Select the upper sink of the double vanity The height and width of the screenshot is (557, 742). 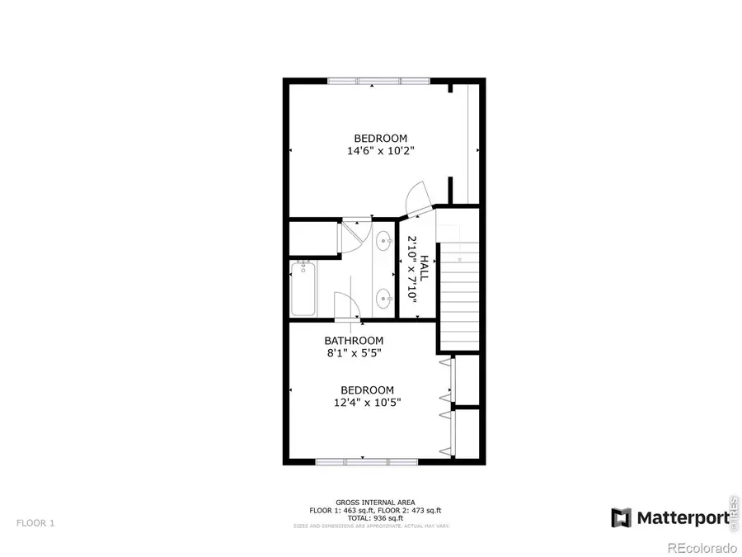tap(384, 242)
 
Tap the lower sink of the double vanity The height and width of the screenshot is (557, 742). tap(384, 297)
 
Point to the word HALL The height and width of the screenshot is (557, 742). tap(424, 269)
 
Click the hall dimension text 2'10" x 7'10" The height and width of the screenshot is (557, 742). tap(409, 269)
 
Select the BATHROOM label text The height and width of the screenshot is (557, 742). tap(354, 341)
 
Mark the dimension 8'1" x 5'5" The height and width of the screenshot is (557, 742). tap(354, 353)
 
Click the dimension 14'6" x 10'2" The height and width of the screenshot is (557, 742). tap(380, 151)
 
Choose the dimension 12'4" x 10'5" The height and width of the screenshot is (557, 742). tap(368, 403)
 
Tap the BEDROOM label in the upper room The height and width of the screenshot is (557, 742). tap(380, 138)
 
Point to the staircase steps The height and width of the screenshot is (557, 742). tap(458, 297)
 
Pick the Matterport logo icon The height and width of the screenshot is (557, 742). tap(622, 517)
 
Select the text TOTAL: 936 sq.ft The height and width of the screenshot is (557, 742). tap(375, 517)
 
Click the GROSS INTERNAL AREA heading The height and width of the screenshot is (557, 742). tap(375, 503)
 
